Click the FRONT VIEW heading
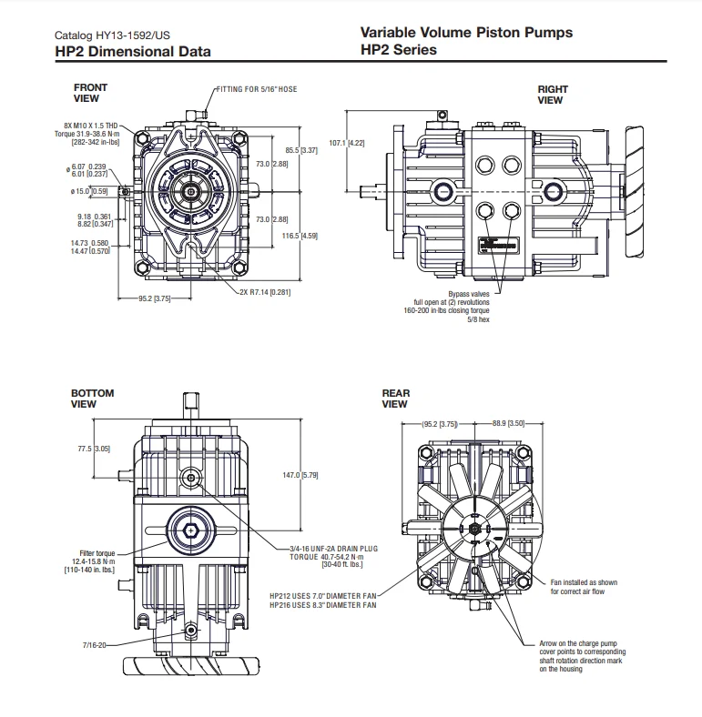tap(90, 93)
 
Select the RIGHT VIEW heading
tap(552, 95)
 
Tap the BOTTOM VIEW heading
tap(92, 399)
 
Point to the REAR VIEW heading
tap(395, 399)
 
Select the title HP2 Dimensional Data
tap(132, 51)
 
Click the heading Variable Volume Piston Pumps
tap(465, 33)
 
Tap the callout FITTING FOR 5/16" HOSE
tap(257, 89)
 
